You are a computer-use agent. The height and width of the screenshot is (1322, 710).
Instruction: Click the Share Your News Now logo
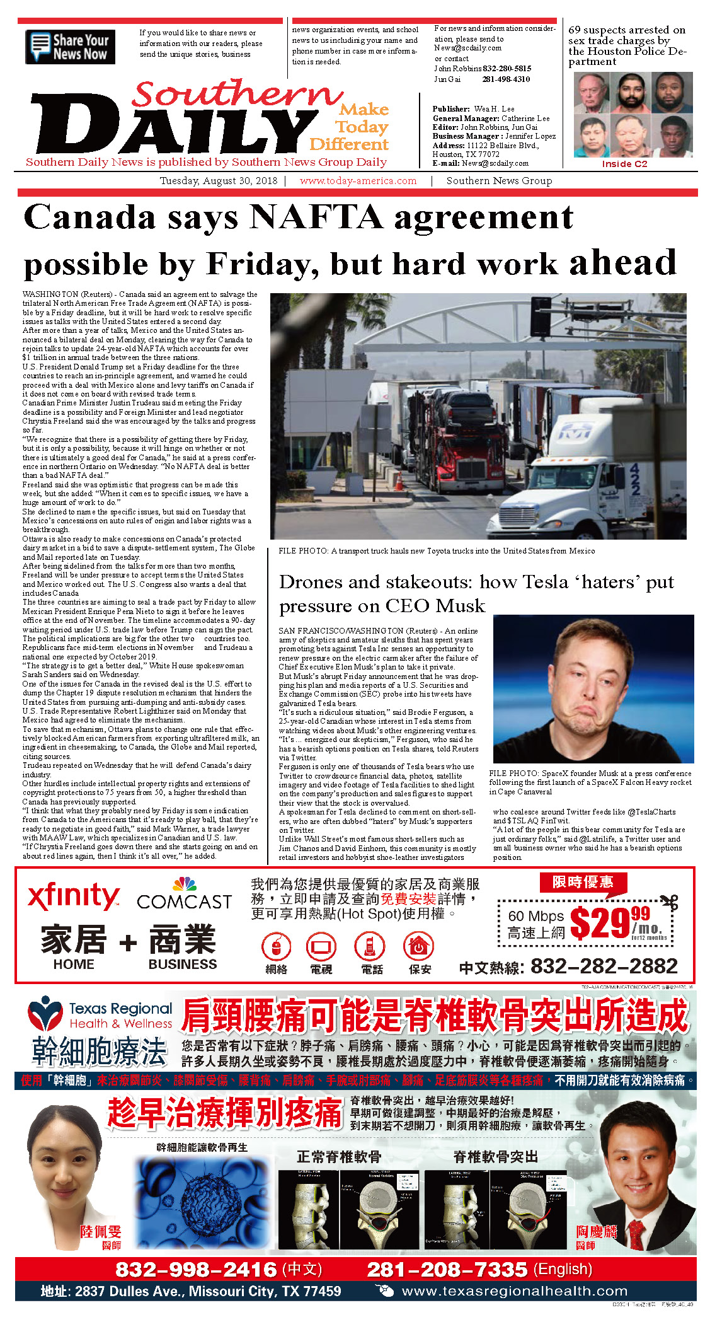71,47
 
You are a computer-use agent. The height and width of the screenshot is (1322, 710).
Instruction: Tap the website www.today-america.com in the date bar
358,181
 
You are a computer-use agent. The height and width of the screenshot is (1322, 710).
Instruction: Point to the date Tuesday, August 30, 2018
218,181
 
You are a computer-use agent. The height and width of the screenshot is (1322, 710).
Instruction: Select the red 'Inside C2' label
624,164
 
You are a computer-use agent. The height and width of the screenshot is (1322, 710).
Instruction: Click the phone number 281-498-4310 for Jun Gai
506,79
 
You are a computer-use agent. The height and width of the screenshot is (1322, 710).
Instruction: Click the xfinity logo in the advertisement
73,896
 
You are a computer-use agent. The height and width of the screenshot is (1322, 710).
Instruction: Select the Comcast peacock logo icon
185,883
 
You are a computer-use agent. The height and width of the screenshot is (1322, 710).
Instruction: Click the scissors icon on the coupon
670,902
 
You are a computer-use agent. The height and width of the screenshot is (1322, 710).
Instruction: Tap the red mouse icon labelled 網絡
276,946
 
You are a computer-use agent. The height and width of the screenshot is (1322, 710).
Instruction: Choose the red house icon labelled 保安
419,946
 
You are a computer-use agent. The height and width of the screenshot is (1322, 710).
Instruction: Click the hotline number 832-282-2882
604,966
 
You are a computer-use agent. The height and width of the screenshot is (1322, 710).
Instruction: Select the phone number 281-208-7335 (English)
447,1269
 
